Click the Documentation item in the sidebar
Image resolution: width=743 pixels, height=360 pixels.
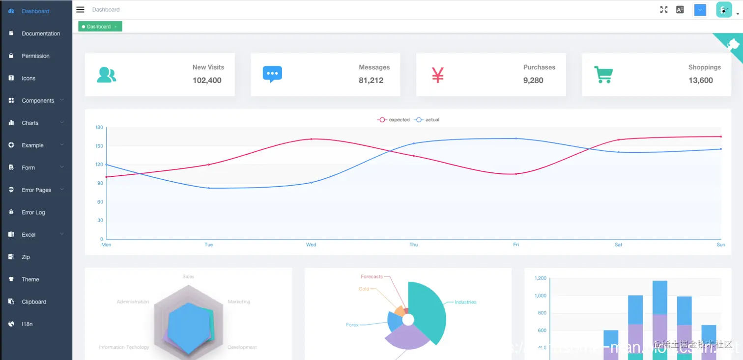41,34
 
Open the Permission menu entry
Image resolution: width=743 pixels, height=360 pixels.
35,56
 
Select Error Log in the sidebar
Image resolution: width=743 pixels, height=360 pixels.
33,213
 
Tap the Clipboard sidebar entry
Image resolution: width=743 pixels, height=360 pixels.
34,302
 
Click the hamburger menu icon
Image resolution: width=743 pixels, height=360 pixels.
81,10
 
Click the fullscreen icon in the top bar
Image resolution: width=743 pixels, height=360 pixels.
664,10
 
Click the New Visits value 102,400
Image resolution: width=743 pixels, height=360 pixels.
207,81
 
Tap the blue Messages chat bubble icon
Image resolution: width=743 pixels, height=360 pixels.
272,74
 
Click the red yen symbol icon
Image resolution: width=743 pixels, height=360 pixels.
438,75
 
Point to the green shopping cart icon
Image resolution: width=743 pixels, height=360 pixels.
603,75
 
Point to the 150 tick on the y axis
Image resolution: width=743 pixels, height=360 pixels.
100,146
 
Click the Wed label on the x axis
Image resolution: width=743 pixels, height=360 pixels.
311,245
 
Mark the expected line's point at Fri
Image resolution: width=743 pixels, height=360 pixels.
516,174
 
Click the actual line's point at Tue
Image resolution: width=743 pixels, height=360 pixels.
209,188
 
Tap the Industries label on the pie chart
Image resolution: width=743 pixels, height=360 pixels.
465,303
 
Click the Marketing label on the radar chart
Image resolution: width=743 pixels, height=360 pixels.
239,302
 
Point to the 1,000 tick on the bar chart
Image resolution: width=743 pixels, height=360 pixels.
540,296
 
